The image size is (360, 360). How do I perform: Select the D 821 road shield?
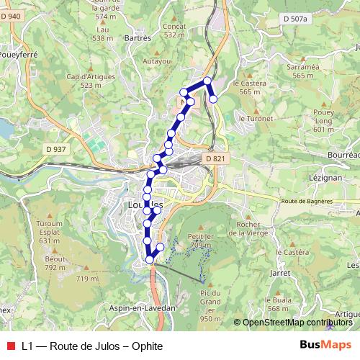pyautogui.click(x=215, y=158)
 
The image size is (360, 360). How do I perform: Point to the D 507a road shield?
pyautogui.click(x=294, y=18)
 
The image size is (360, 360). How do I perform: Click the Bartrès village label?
pyautogui.click(x=138, y=37)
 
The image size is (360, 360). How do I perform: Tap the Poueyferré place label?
pyautogui.click(x=17, y=54)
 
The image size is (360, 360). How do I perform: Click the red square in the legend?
pyautogui.click(x=10, y=345)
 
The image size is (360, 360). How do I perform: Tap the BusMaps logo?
pyautogui.click(x=325, y=345)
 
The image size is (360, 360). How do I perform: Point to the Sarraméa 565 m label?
pyautogui.click(x=303, y=71)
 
